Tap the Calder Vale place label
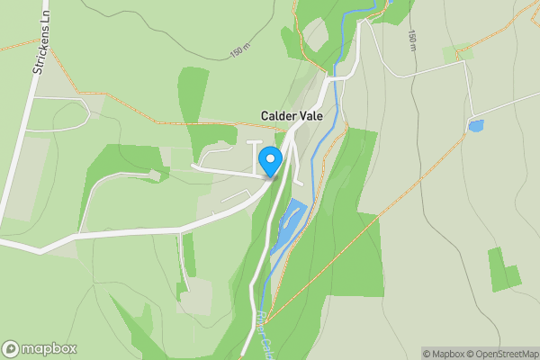tap(297, 116)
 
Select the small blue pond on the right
tap(475, 126)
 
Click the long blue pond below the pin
tap(288, 226)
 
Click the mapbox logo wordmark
tap(49, 349)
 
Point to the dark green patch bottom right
tap(503, 269)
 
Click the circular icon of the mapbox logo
tap(11, 349)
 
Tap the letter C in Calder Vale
tap(265, 116)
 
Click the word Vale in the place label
tap(320, 116)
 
